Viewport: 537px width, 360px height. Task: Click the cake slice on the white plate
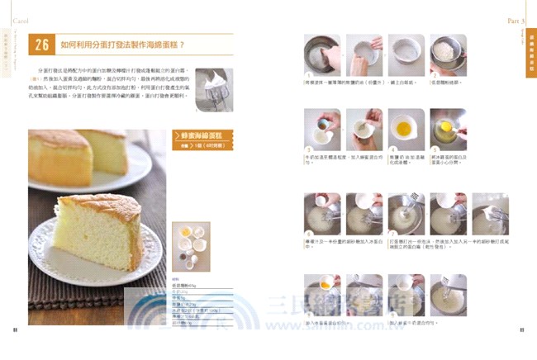(98, 224)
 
